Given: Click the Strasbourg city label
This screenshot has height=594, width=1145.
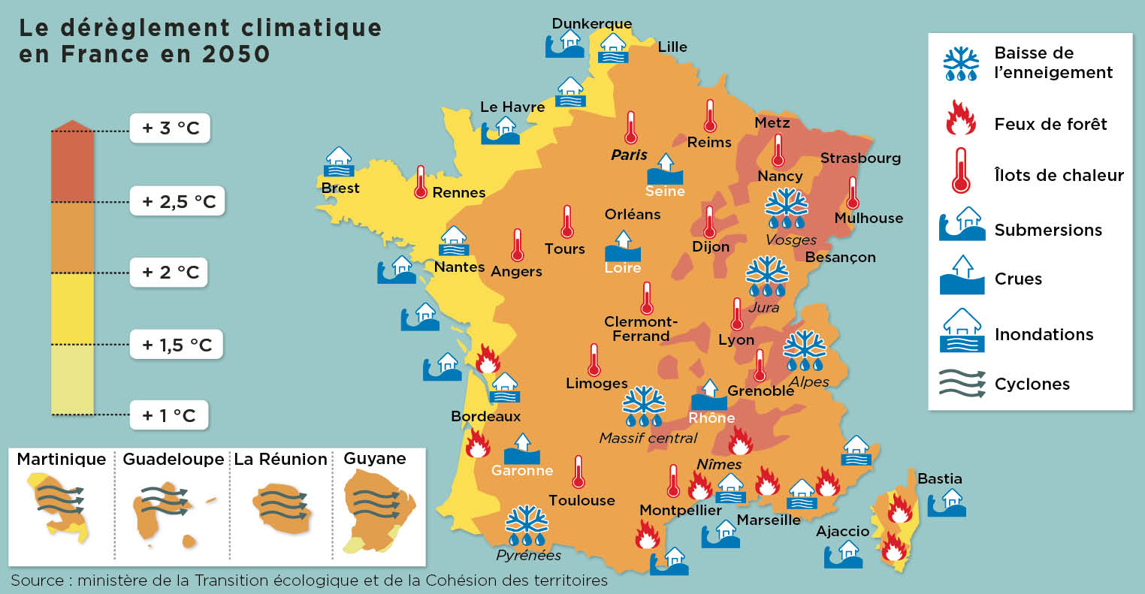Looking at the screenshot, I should click(860, 158).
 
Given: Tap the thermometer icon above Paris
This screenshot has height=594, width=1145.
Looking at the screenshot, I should click(630, 128).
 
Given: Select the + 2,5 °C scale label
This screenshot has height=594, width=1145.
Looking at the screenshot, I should click(177, 201).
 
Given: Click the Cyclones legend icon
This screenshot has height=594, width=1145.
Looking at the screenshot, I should click(962, 383).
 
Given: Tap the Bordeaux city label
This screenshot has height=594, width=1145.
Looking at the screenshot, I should click(485, 416).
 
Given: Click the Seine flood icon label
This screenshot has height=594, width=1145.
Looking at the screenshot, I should click(665, 191).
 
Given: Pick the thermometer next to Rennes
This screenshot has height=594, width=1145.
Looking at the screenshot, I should click(421, 182).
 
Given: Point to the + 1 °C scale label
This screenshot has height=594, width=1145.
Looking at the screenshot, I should click(169, 415).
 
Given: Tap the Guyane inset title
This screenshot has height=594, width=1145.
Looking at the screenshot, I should click(374, 458).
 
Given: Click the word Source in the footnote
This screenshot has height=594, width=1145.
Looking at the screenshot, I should click(37, 580).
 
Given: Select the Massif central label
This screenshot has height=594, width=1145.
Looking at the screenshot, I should click(648, 438).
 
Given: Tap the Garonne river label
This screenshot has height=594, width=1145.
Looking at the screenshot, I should click(521, 471).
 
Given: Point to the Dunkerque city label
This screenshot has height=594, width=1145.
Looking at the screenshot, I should click(591, 23).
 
